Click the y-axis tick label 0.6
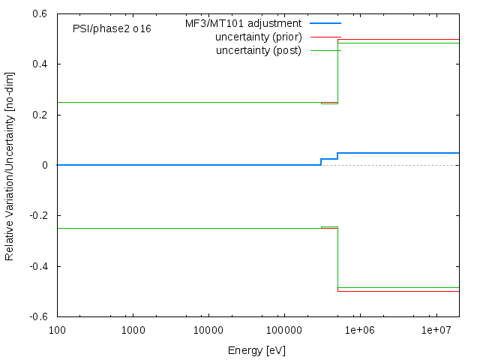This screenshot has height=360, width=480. coord(40,13)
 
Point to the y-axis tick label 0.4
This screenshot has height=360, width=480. coord(40,64)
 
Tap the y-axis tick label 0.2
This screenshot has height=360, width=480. coord(40,115)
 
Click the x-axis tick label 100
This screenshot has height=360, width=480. coord(57,330)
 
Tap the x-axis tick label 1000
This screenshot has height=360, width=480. coord(133,330)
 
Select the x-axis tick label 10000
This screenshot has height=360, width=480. coord(208,330)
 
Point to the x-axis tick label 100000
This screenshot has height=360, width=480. coord(284,330)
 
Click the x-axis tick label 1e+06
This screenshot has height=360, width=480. coord(360,330)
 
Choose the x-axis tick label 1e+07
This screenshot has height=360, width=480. coord(436,330)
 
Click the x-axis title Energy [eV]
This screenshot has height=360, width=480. coord(256,350)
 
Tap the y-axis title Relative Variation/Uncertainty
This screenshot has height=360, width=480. coord(10,165)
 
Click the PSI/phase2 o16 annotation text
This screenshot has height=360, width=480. coord(112,28)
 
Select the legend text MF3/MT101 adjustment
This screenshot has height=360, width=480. coord(244,24)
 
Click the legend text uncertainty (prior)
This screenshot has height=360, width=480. coord(258,37)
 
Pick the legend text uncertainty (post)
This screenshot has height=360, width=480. coord(258,50)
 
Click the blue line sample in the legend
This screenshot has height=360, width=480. coord(325,24)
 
